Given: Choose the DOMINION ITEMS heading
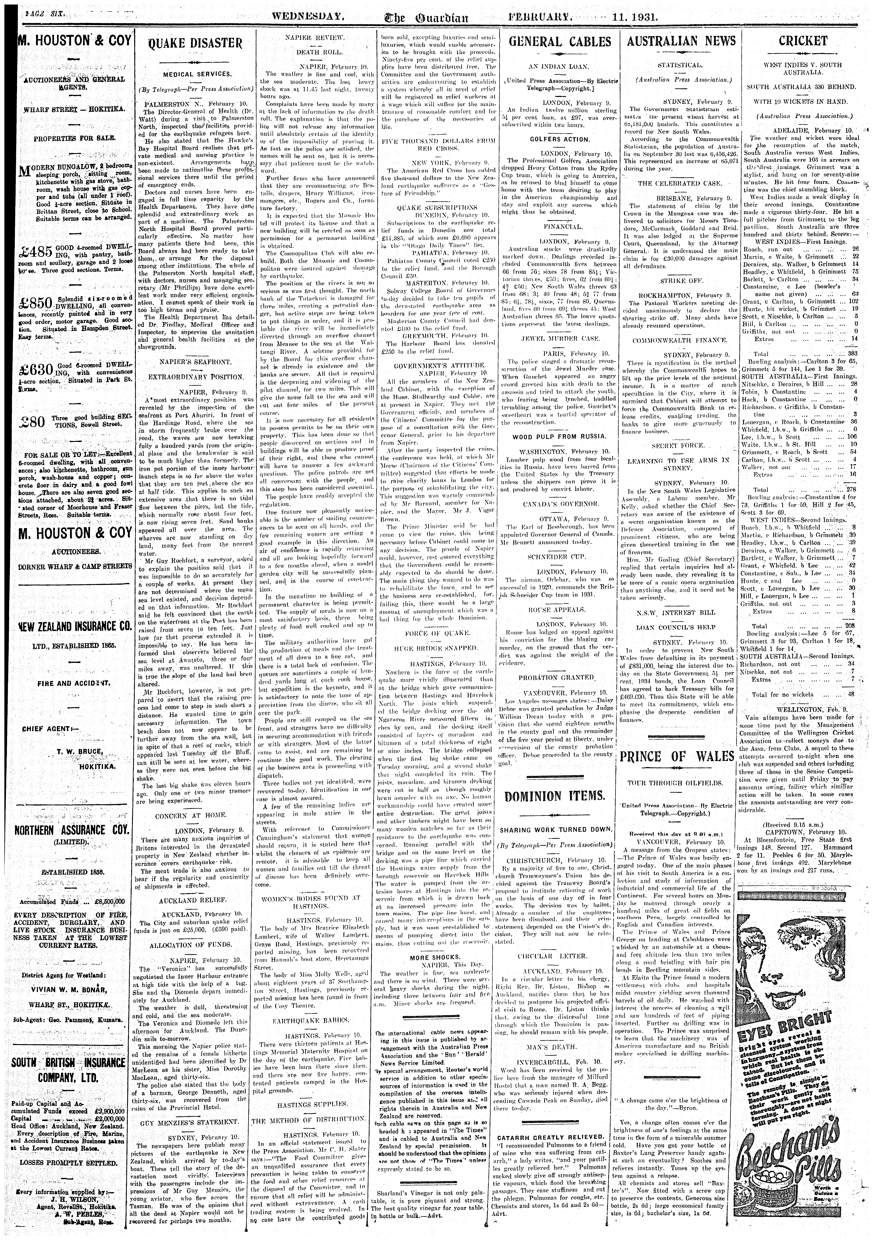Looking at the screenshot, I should tap(555, 796).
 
